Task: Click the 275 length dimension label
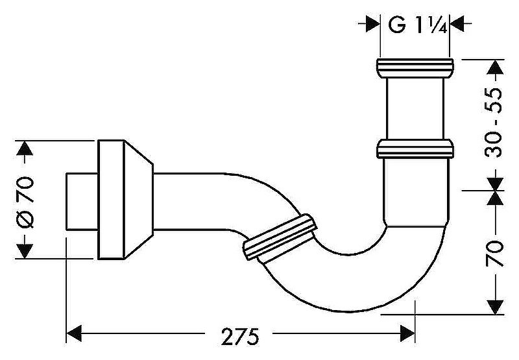[x=240, y=337]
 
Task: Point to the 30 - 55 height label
[x=493, y=123]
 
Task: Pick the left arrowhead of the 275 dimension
[x=74, y=333]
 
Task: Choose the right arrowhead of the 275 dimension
[x=407, y=333]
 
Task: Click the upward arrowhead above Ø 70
[x=24, y=148]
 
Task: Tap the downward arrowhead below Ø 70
[x=24, y=251]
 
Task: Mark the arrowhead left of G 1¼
[x=373, y=24]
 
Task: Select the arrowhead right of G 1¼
[x=457, y=24]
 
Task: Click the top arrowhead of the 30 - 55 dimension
[x=496, y=67]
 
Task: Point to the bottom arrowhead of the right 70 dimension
[x=496, y=307]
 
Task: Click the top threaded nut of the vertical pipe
[x=415, y=68]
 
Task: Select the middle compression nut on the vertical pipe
[x=415, y=149]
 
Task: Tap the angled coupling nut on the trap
[x=280, y=237]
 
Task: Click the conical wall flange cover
[x=125, y=200]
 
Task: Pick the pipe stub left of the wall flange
[x=82, y=201]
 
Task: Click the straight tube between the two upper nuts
[x=415, y=108]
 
